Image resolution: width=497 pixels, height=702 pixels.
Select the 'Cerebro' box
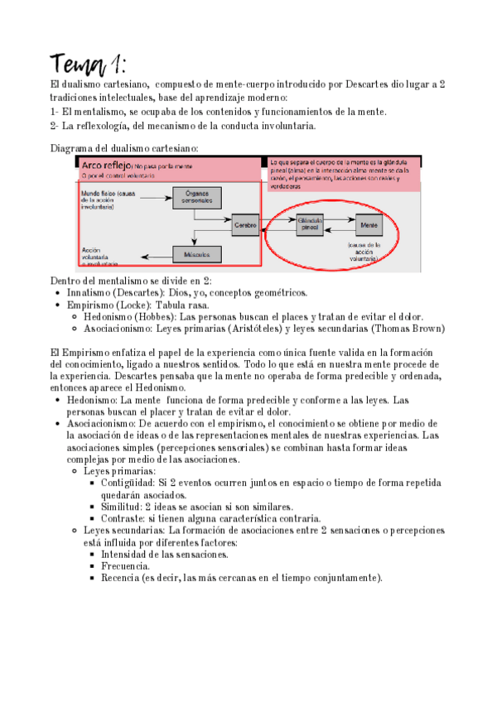[x=246, y=224]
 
